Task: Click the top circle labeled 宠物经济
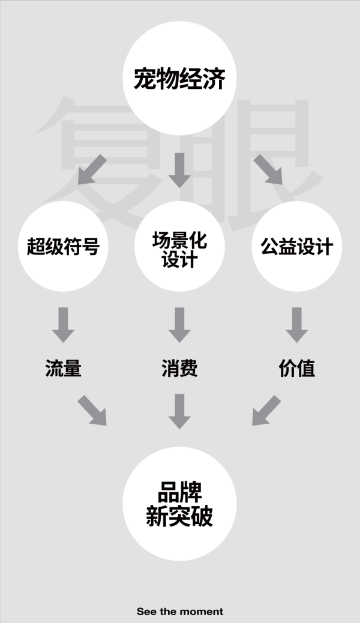click(x=179, y=78)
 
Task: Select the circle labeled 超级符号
click(x=63, y=246)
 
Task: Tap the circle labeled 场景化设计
click(x=179, y=246)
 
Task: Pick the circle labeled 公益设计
click(x=297, y=246)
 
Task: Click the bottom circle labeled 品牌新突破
click(x=179, y=504)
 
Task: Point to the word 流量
click(x=63, y=369)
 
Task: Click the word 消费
click(x=179, y=369)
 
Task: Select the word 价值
click(x=297, y=369)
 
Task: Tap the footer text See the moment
click(x=180, y=612)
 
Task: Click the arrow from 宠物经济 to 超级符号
click(x=92, y=170)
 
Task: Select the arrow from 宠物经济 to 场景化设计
click(x=179, y=170)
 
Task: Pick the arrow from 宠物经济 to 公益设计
click(x=268, y=170)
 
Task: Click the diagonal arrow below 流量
click(x=92, y=411)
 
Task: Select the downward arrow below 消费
click(x=179, y=411)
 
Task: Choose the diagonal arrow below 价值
click(x=266, y=411)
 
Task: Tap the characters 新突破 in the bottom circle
click(x=179, y=516)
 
